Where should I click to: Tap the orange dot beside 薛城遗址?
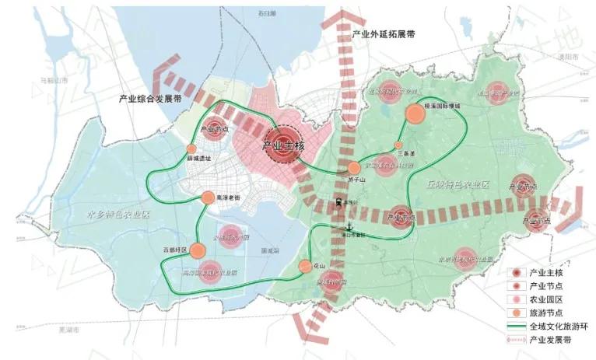[191, 149]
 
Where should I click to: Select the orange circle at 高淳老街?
[208, 198]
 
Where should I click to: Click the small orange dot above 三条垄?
[398, 145]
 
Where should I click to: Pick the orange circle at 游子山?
[354, 168]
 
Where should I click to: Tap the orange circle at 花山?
[306, 267]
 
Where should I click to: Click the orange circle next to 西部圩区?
[197, 250]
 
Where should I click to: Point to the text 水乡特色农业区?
[117, 213]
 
